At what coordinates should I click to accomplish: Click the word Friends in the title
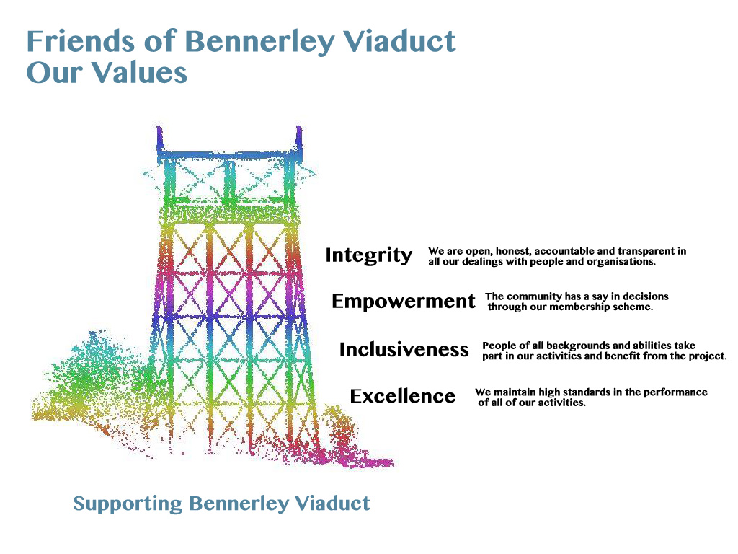(x=81, y=40)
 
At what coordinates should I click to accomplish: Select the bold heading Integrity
(x=368, y=255)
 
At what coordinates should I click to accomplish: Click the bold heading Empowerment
(x=404, y=302)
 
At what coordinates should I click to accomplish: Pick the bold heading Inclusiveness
(x=404, y=349)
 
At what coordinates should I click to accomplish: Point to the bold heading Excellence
(x=402, y=396)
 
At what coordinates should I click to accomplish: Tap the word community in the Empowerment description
(x=534, y=296)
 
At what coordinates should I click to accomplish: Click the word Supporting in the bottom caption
(x=128, y=504)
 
